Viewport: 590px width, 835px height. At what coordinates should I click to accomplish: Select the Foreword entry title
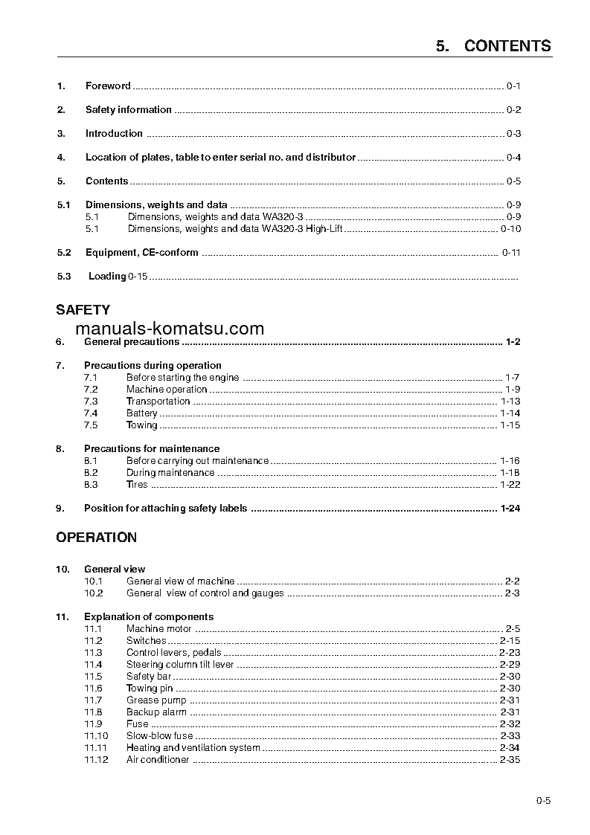(x=108, y=86)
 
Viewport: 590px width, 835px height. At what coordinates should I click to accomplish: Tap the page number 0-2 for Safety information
(x=513, y=110)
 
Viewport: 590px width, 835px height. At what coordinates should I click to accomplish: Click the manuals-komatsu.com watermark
(x=170, y=329)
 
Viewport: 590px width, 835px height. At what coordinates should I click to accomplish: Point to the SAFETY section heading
(x=83, y=310)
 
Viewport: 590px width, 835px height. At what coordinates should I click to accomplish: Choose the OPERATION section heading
(x=97, y=538)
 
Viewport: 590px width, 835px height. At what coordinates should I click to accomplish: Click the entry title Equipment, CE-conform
(x=141, y=252)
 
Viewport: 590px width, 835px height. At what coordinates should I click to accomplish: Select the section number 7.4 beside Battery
(x=91, y=413)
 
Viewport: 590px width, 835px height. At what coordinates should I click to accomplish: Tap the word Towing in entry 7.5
(x=141, y=425)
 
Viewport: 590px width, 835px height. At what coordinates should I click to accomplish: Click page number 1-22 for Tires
(x=510, y=485)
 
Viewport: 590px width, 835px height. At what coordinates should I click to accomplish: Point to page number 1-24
(x=510, y=509)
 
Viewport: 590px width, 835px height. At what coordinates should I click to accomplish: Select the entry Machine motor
(x=158, y=629)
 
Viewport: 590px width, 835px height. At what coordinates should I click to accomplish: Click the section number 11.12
(x=95, y=760)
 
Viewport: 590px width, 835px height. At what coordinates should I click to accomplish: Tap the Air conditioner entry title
(x=158, y=760)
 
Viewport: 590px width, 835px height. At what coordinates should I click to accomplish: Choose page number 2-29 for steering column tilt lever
(x=510, y=665)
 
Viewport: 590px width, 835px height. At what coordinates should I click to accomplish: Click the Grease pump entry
(x=155, y=700)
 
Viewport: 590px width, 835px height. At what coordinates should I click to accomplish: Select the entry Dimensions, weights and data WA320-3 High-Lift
(x=235, y=229)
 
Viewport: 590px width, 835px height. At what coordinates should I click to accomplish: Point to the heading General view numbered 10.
(x=115, y=569)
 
